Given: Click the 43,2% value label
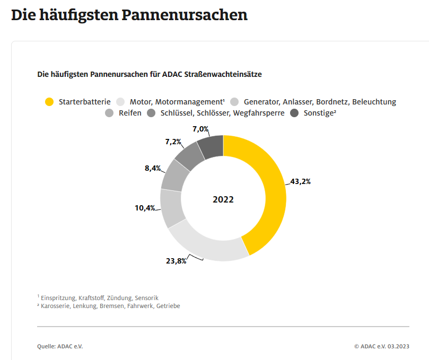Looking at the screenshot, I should click(x=300, y=181).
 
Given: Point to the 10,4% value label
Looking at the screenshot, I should click(x=144, y=208).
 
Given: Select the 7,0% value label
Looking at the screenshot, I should click(x=200, y=129).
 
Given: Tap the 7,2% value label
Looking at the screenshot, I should click(x=173, y=142).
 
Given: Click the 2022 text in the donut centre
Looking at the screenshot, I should click(x=223, y=200).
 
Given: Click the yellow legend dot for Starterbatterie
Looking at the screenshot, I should click(x=49, y=102).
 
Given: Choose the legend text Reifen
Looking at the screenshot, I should click(x=130, y=113).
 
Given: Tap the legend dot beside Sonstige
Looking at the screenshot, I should click(x=295, y=113).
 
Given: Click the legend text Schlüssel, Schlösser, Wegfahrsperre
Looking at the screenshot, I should click(x=222, y=113).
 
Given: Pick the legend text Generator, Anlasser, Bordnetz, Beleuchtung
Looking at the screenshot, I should click(x=320, y=102).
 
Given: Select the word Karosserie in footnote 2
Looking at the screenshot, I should click(x=58, y=306).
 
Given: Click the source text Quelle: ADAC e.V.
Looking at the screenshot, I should click(x=60, y=346).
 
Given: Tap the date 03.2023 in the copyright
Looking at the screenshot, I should click(x=398, y=346).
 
